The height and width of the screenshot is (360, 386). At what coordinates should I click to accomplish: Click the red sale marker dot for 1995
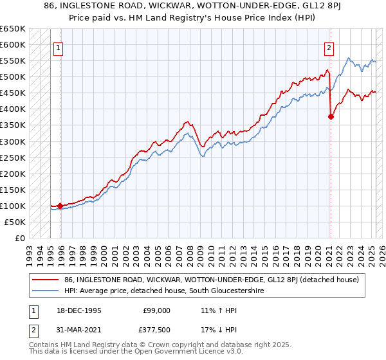point(60,206)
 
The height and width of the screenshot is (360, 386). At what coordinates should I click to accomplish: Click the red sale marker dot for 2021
point(331,116)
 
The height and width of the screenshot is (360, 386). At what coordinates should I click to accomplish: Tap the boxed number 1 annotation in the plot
point(58,47)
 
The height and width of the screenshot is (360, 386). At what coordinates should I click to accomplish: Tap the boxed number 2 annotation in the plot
point(329,47)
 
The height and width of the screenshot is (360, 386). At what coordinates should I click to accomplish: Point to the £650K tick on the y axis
point(13,29)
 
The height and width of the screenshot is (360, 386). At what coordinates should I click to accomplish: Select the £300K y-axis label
point(13,141)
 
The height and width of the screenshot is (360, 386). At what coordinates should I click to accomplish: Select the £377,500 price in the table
point(157,330)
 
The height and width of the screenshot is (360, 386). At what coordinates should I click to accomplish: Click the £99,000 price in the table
point(157,310)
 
